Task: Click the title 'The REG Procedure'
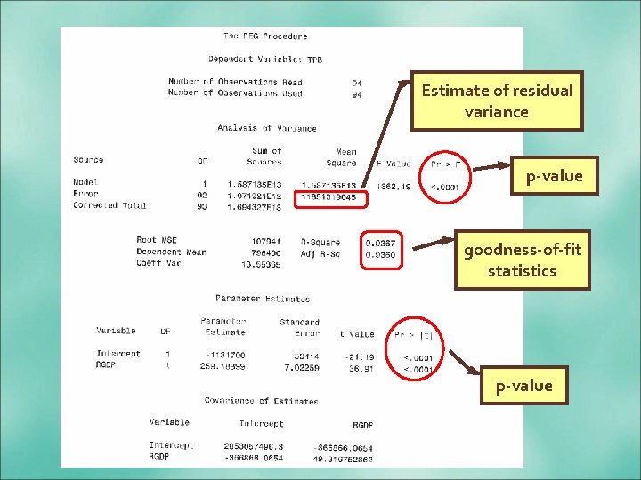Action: (x=265, y=36)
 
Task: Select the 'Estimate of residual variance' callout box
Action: (x=497, y=101)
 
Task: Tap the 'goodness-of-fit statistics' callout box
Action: (x=522, y=260)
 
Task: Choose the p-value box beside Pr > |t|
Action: (x=525, y=385)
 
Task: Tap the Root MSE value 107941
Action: (x=264, y=240)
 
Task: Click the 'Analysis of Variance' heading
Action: (x=267, y=128)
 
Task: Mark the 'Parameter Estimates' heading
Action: (x=263, y=299)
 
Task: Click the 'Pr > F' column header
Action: (x=446, y=164)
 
